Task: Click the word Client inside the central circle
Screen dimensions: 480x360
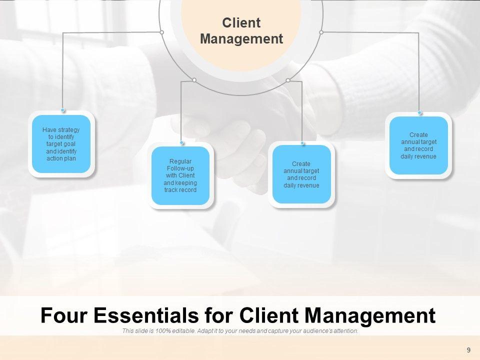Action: click(x=241, y=23)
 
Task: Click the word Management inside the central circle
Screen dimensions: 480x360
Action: click(x=241, y=39)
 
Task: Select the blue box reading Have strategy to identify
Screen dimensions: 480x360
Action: click(x=61, y=144)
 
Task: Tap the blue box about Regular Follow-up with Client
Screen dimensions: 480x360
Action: click(x=180, y=175)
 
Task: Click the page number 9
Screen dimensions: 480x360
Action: click(x=468, y=350)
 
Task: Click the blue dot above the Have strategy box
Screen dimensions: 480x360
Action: click(x=63, y=109)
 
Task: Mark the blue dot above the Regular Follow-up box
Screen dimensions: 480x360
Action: click(x=182, y=142)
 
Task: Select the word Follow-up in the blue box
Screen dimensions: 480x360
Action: click(x=180, y=168)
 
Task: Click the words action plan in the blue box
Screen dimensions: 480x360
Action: click(x=61, y=158)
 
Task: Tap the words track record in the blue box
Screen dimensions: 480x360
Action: click(x=180, y=190)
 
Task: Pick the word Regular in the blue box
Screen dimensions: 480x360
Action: click(x=180, y=161)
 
